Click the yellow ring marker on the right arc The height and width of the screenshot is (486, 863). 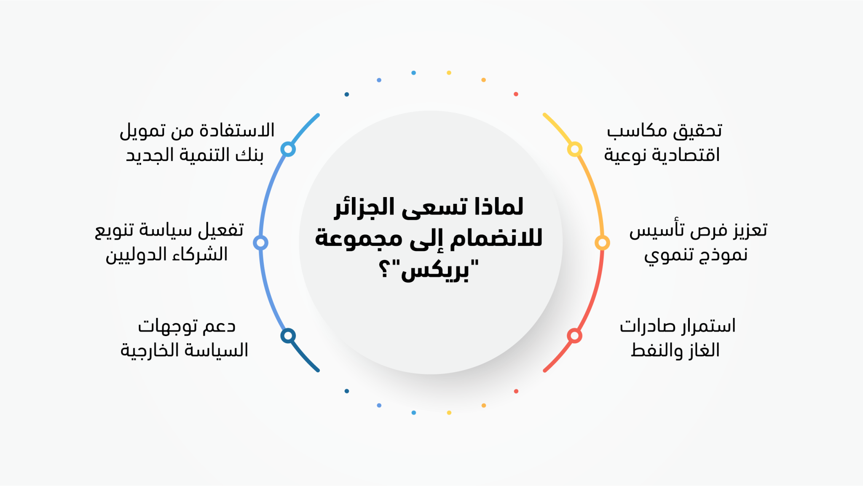(x=574, y=149)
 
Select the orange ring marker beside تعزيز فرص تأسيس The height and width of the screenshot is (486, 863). (x=602, y=243)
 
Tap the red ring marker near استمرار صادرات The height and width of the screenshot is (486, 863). (x=574, y=336)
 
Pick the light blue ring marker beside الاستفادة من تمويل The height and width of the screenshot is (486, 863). (x=288, y=149)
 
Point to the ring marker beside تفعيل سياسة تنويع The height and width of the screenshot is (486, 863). (x=260, y=243)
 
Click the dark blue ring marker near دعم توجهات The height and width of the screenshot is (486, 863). (x=288, y=336)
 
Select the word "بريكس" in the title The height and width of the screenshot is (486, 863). (x=440, y=270)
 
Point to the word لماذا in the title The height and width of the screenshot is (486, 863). (x=499, y=207)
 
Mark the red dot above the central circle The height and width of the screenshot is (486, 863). (x=516, y=94)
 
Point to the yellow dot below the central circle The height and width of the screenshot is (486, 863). (x=449, y=413)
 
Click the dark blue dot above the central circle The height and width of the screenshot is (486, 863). (x=346, y=94)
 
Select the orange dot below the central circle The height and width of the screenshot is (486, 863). (x=483, y=406)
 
